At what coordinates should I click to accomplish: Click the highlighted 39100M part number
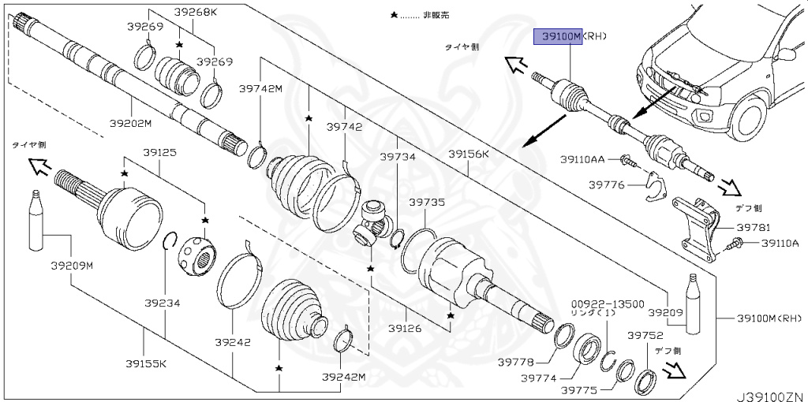tap(559, 36)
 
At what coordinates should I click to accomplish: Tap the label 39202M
tap(130, 123)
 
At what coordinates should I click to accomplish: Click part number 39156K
tap(469, 154)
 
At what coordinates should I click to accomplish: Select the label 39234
tap(162, 302)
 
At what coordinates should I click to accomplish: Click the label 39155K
tap(146, 363)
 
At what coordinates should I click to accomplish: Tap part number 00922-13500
tap(608, 303)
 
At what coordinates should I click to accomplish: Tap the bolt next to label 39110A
tap(733, 244)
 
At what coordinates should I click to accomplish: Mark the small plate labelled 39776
tap(652, 186)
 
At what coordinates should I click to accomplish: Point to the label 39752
tap(645, 334)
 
